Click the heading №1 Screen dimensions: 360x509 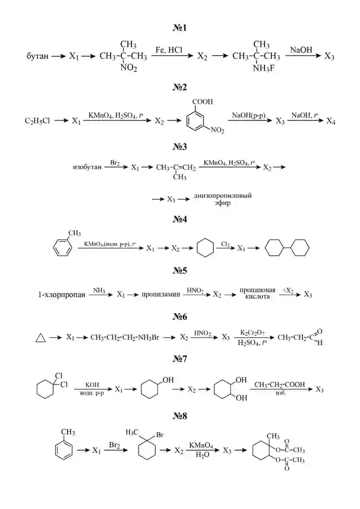tap(180, 28)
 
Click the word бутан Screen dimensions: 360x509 tap(37, 56)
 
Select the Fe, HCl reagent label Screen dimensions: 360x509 tap(169, 50)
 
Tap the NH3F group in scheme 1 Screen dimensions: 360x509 tap(264, 68)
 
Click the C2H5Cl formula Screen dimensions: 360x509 tap(37, 121)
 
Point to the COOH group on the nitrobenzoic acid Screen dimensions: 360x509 tap(202, 102)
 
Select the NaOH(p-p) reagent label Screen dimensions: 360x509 tap(249, 115)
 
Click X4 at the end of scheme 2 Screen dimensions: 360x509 tap(331, 121)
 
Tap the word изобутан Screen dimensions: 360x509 tap(87, 167)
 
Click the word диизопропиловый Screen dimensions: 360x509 tap(223, 196)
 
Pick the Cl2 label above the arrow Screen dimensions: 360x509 tap(225, 244)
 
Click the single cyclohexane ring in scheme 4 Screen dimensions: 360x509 tap(205, 248)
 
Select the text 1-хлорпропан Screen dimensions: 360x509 tap(62, 295)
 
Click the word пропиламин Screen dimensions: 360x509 tap(161, 295)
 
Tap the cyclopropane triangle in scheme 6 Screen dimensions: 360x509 tap(40, 338)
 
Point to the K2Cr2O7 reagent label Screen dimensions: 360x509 tap(252, 333)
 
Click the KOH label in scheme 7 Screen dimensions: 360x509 tap(92, 385)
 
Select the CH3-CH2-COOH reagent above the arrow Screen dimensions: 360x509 tap(279, 385)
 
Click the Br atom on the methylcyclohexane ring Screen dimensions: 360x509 tap(160, 435)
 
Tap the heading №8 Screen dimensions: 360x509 tap(180, 416)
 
